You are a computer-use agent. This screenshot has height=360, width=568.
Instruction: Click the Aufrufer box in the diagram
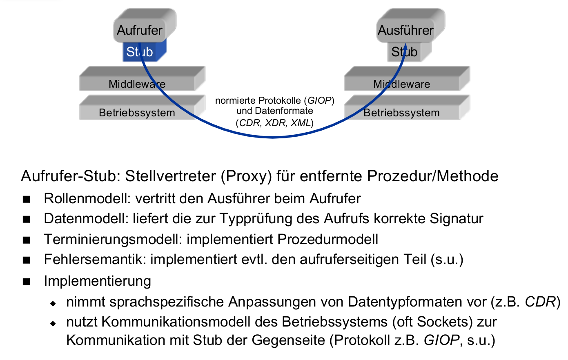tap(140, 30)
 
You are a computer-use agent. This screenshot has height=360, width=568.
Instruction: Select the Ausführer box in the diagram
tap(405, 30)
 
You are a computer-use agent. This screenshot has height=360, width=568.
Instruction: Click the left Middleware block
tap(137, 84)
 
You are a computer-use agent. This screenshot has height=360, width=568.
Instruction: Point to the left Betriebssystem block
tap(137, 113)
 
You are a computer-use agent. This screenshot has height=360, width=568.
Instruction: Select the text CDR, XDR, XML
tap(275, 122)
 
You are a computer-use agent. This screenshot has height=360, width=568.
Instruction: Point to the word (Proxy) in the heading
tap(246, 176)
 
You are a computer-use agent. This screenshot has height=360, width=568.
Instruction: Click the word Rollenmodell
tap(85, 198)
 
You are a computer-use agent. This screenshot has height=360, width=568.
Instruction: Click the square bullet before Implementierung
tap(27, 281)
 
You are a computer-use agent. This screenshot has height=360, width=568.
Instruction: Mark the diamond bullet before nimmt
tap(53, 303)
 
